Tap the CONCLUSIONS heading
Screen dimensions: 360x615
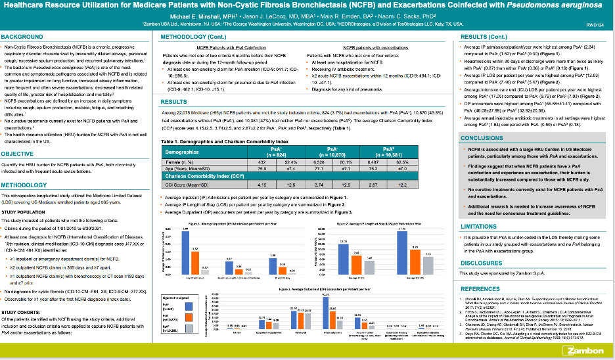coord(482,139)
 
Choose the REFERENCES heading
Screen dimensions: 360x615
coord(481,288)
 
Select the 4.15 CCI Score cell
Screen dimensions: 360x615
coord(261,204)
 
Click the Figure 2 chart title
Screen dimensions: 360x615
coord(380,225)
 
